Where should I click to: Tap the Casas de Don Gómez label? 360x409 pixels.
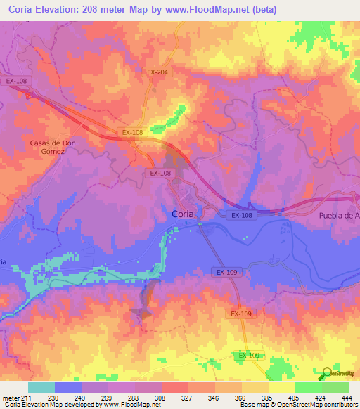[x=52, y=147]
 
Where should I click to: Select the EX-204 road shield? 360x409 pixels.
[x=158, y=72]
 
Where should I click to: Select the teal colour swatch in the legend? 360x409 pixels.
[x=41, y=387]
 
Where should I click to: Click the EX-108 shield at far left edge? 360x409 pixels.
[x=15, y=81]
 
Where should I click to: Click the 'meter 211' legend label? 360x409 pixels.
[x=14, y=397]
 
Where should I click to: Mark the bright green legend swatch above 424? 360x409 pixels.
[x=309, y=387]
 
